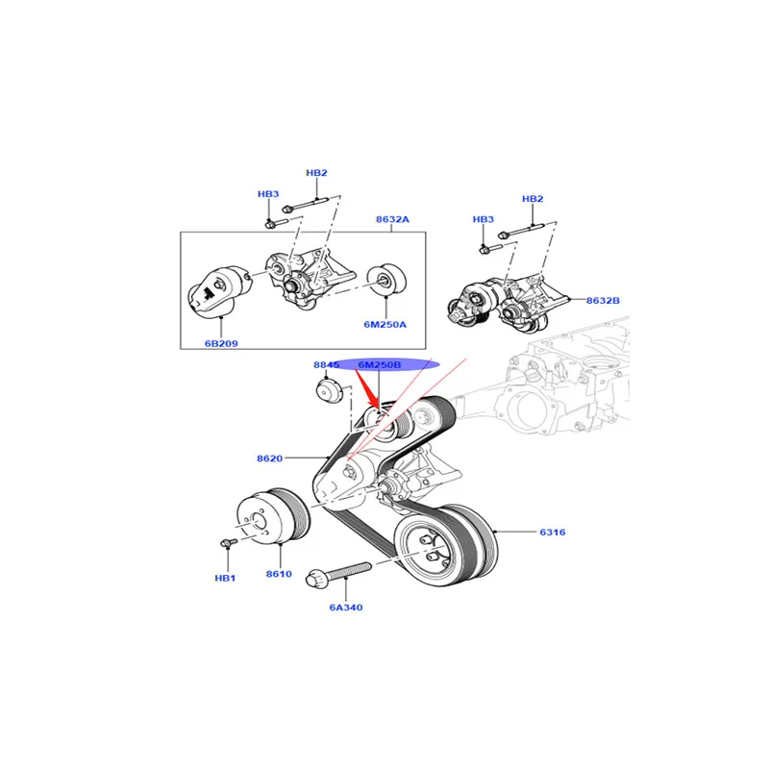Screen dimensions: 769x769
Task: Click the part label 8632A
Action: coord(391,220)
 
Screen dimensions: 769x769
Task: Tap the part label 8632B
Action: coord(604,301)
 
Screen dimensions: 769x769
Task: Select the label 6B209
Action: coord(222,341)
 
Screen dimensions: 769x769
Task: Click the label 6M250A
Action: coord(384,324)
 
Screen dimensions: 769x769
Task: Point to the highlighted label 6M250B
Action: coord(381,365)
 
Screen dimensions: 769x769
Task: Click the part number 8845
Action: coord(327,365)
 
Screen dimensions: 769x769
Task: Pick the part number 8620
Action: coord(270,459)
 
